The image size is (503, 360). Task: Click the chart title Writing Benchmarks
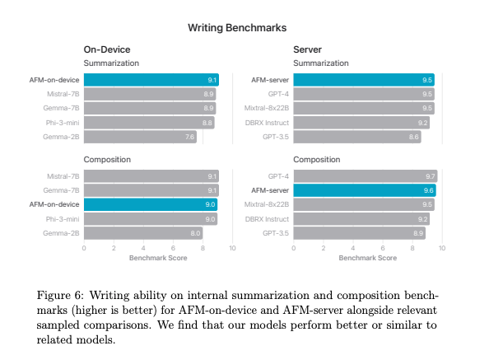237,28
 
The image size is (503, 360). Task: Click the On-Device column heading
107,50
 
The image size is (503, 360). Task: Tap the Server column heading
308,50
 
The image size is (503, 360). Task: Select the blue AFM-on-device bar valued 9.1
151,80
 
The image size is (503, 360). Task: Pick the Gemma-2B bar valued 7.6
140,137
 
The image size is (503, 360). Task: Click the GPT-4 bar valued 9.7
366,176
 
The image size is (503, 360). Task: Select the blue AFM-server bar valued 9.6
364,190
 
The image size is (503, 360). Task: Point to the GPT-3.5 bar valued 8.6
357,137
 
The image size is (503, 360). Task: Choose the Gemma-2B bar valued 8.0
143,234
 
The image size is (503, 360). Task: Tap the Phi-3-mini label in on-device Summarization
62,123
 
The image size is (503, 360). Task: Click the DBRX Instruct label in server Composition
268,220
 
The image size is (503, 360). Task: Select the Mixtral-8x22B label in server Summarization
266,109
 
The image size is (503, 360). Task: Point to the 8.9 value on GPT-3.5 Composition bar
418,234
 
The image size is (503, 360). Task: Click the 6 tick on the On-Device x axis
173,248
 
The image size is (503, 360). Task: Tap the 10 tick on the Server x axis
442,248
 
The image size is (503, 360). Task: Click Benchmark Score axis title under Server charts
368,258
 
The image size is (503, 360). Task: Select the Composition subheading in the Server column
317,160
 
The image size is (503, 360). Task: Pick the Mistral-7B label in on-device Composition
63,176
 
